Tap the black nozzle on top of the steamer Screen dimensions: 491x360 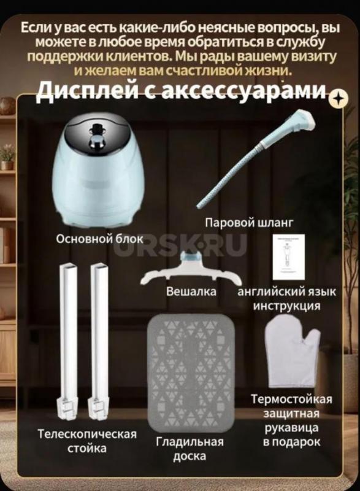coord(98,131)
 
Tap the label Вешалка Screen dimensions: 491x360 coord(191,292)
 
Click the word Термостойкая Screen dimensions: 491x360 coord(291,400)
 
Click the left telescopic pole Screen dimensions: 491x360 coord(69,337)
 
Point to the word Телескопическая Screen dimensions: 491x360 coord(87,434)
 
